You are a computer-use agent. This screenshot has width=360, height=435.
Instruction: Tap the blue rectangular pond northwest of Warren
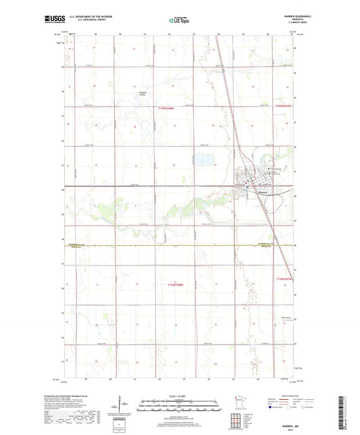(x=202, y=161)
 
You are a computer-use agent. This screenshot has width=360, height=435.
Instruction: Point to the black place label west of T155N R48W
(x=142, y=95)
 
